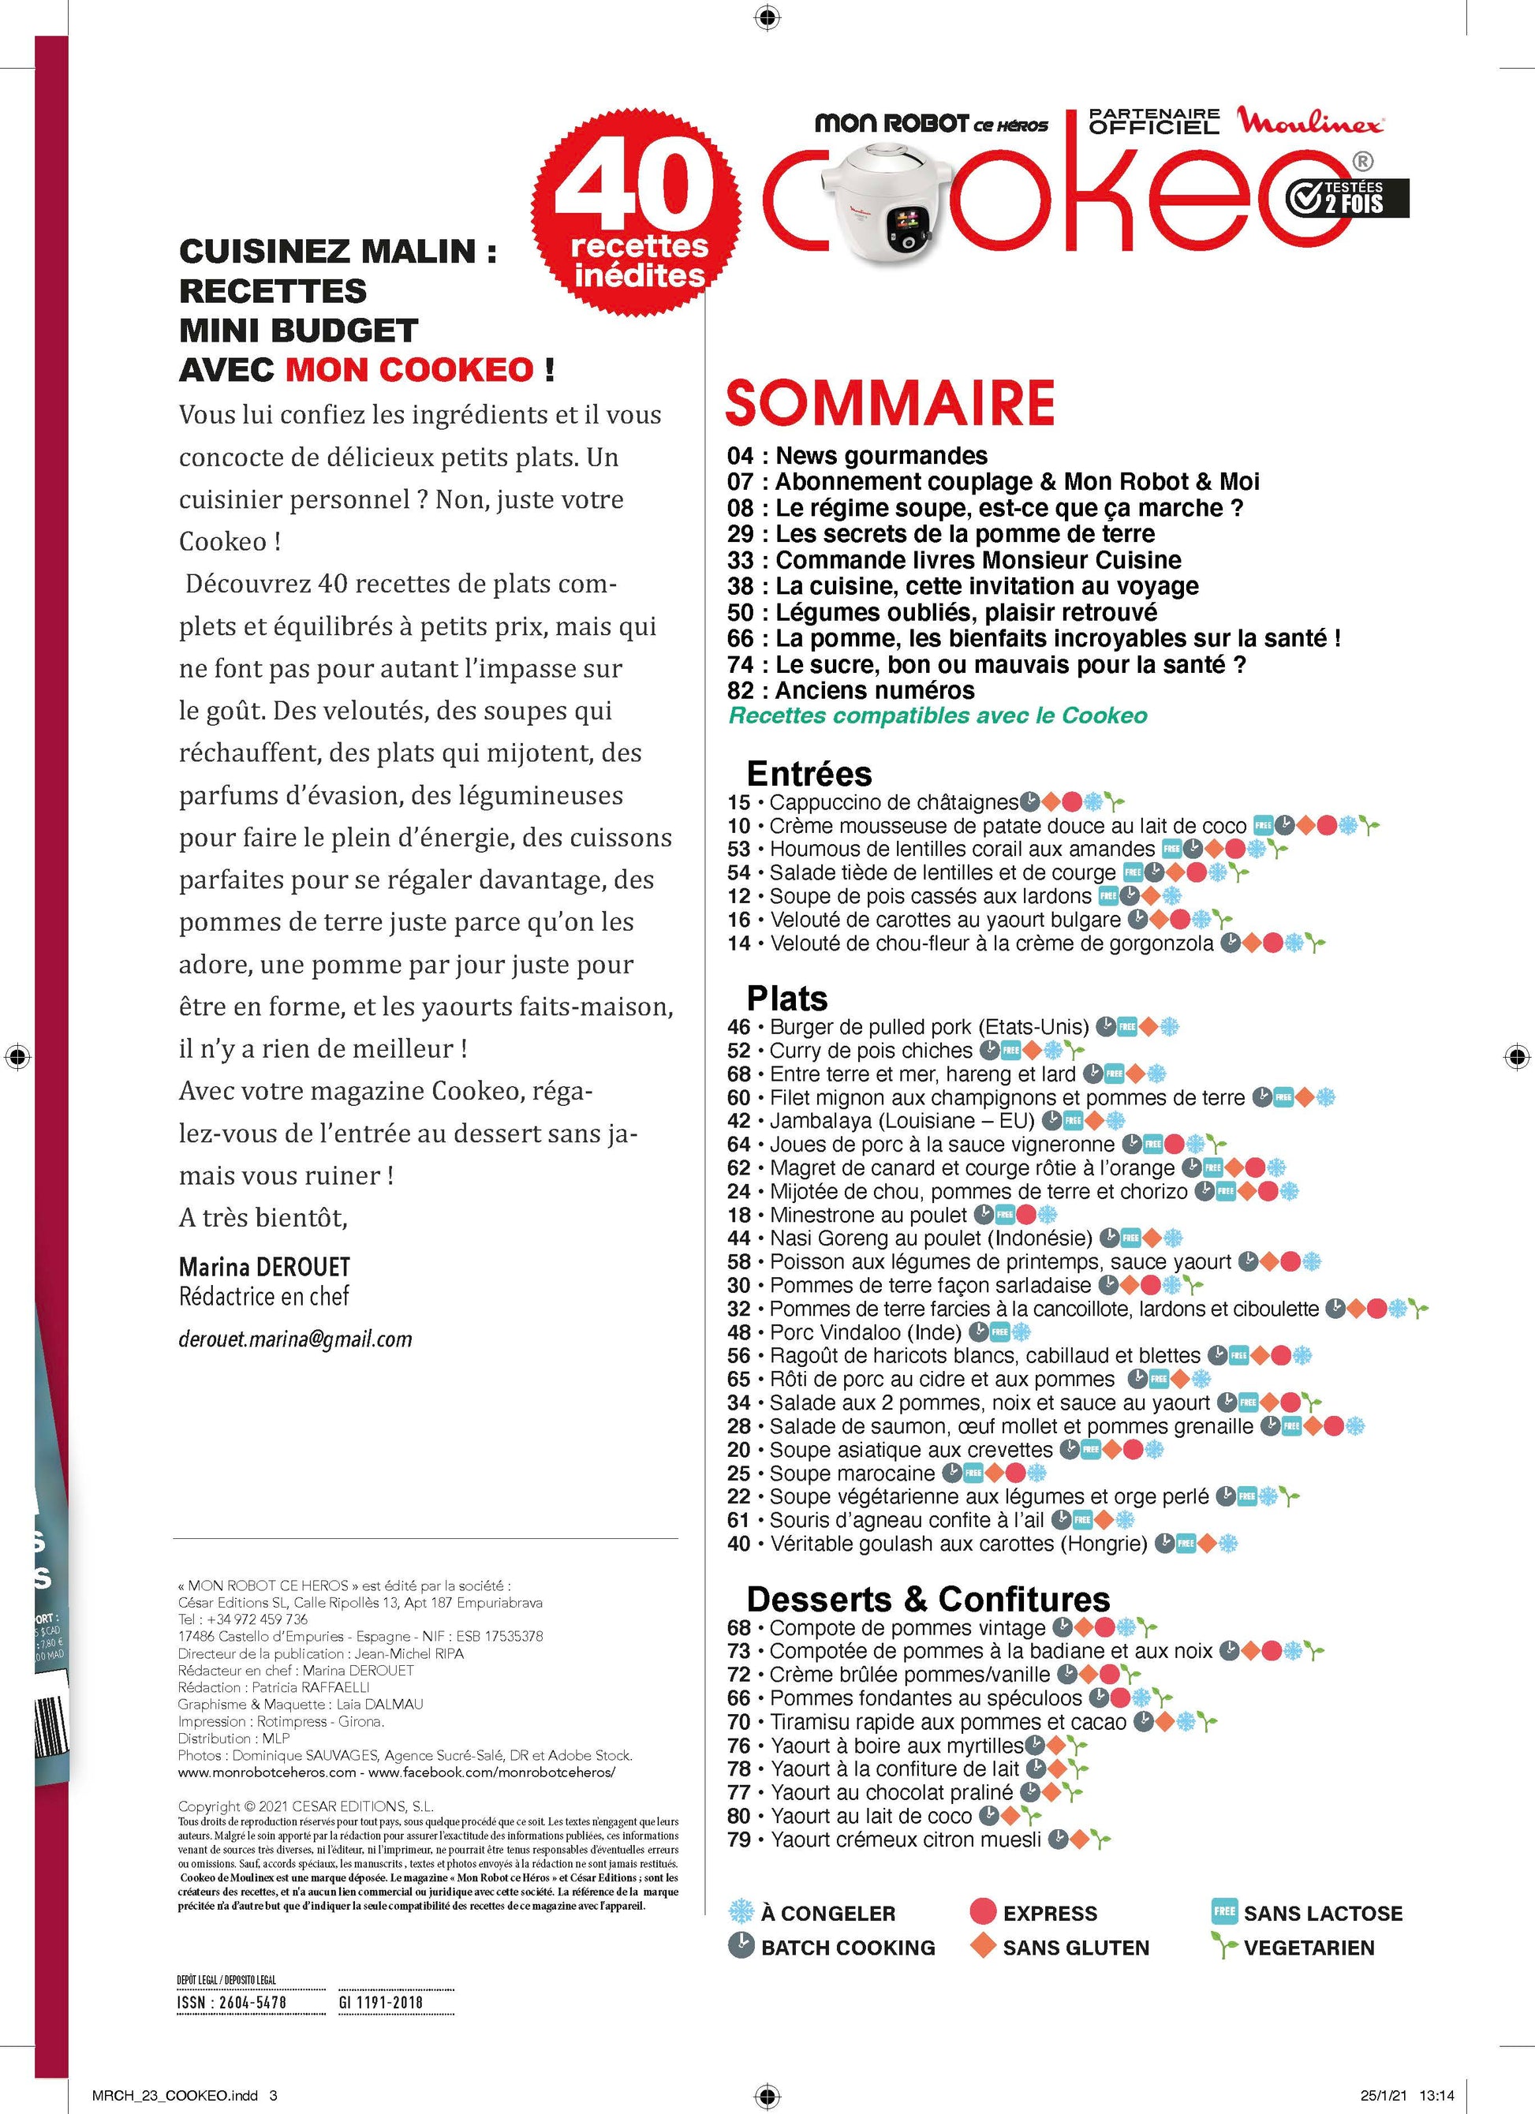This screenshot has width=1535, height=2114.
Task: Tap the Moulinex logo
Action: pos(1309,121)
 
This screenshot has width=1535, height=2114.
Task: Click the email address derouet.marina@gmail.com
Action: pos(294,1339)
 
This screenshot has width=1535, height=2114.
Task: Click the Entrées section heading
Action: pos(809,774)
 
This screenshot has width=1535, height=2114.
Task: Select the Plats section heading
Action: pos(786,999)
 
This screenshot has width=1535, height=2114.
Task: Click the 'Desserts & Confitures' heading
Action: pos(928,1599)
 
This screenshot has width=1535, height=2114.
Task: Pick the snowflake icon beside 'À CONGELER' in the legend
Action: pos(741,1913)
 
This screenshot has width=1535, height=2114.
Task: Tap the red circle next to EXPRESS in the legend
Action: pos(984,1912)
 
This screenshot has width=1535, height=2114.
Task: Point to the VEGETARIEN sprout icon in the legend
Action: pos(1223,1946)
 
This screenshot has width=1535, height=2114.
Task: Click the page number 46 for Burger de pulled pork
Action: pos(739,1027)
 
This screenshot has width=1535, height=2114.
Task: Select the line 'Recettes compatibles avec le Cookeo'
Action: pos(938,716)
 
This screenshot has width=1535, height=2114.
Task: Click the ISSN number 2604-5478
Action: pos(232,2002)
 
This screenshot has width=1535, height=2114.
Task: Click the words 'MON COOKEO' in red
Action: pos(409,370)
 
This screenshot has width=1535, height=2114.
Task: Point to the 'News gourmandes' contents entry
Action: pos(881,456)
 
